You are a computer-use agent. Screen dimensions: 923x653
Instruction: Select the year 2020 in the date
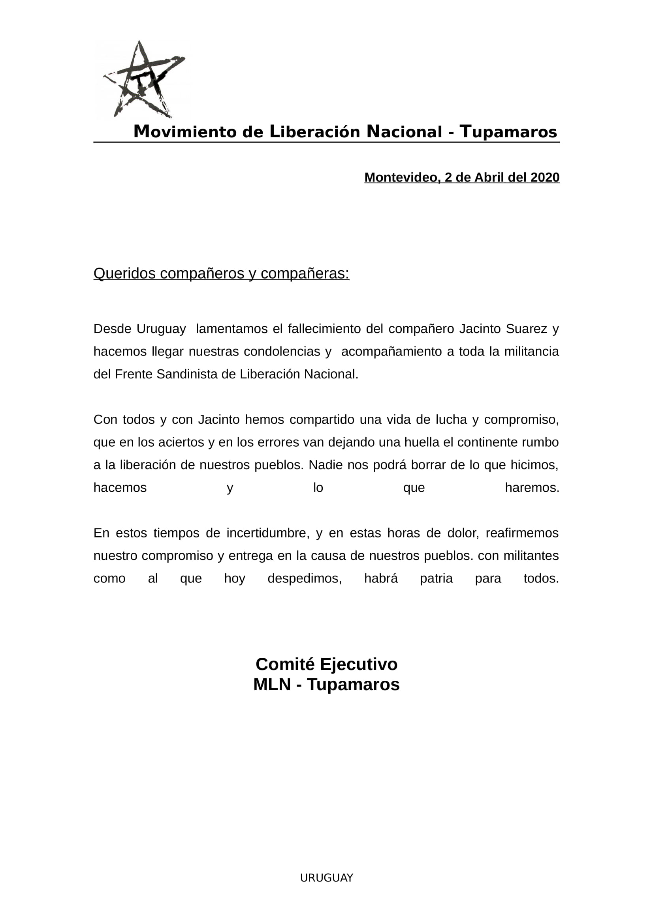(x=545, y=177)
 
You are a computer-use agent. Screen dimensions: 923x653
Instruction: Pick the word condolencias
(x=282, y=352)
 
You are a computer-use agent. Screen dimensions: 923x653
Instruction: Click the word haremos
(x=532, y=488)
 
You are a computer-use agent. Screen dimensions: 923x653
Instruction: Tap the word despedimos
(x=305, y=579)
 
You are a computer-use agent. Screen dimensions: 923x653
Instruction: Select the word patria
(x=436, y=579)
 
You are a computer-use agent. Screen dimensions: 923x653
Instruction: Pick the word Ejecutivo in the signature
(x=358, y=664)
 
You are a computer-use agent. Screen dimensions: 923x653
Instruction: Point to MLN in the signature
(x=272, y=685)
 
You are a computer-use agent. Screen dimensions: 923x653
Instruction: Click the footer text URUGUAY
(x=326, y=878)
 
